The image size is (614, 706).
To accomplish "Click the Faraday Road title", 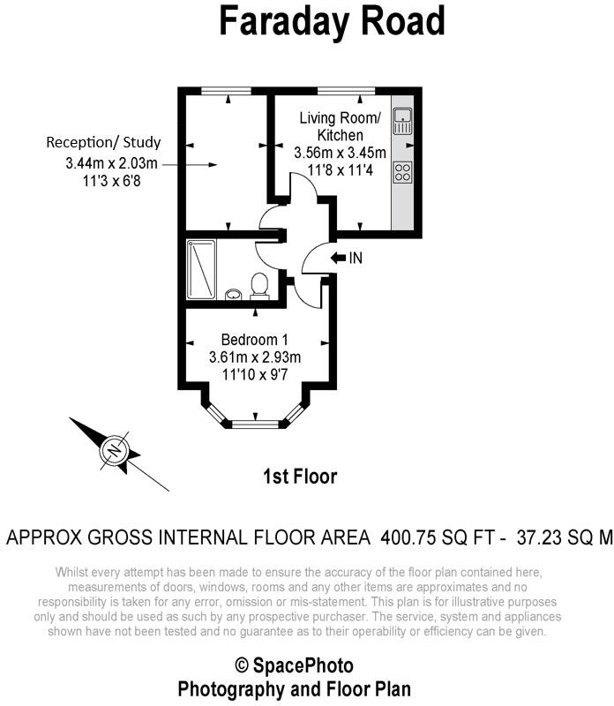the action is pyautogui.click(x=333, y=21).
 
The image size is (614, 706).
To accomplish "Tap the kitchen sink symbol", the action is pyautogui.click(x=402, y=121).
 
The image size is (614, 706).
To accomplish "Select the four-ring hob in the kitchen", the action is pyautogui.click(x=402, y=172).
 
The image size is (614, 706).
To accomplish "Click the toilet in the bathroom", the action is pyautogui.click(x=259, y=286).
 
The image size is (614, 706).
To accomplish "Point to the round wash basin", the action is pyautogui.click(x=233, y=295).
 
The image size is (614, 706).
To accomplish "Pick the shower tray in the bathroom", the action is pyautogui.click(x=201, y=269).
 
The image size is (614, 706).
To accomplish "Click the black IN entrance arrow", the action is pyautogui.click(x=338, y=258).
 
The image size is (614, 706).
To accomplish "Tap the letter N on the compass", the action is pyautogui.click(x=116, y=450).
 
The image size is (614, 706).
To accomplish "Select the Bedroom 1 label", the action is pyautogui.click(x=255, y=340).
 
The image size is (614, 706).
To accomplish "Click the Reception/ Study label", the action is pyautogui.click(x=103, y=142).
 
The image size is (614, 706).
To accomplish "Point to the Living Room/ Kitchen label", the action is pyautogui.click(x=341, y=126).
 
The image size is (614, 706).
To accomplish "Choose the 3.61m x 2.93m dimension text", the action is pyautogui.click(x=255, y=357).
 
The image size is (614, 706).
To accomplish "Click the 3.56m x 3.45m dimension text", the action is pyautogui.click(x=341, y=153).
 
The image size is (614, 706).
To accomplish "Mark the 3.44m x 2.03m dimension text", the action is pyautogui.click(x=112, y=163).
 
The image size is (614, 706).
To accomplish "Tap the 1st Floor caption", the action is pyautogui.click(x=300, y=477).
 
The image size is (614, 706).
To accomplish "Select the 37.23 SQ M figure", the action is pyautogui.click(x=565, y=537).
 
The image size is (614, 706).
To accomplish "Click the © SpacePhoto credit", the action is pyautogui.click(x=295, y=665).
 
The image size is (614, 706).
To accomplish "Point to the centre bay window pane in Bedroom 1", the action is pyautogui.click(x=255, y=424).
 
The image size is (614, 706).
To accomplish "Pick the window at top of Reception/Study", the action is pyautogui.click(x=226, y=91).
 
